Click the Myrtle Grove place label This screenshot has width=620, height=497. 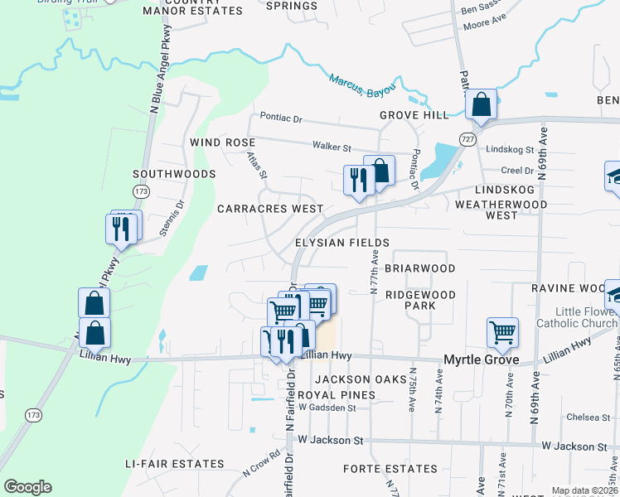tap(482, 359)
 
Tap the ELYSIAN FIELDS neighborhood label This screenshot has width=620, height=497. tap(342, 243)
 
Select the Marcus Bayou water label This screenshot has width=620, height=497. tap(362, 86)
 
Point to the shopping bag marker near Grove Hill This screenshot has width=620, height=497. tap(481, 105)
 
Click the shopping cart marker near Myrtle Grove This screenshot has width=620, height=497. tap(502, 333)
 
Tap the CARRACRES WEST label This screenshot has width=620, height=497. tap(270, 209)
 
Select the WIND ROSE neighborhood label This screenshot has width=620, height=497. tap(222, 142)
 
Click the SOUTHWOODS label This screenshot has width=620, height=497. tap(174, 174)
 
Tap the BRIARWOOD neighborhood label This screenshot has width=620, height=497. tap(419, 268)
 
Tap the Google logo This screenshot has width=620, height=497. tap(27, 487)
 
